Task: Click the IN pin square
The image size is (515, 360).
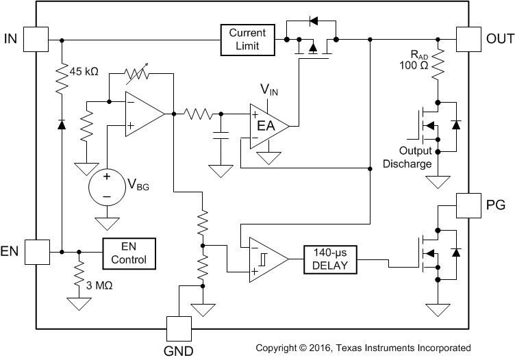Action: click(36, 39)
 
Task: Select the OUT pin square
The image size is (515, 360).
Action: click(469, 39)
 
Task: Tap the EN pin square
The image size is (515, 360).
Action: click(36, 251)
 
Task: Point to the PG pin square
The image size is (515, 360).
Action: click(469, 205)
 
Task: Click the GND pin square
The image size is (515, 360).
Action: click(179, 329)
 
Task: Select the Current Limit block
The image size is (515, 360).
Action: click(247, 39)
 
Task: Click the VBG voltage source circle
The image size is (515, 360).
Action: click(107, 185)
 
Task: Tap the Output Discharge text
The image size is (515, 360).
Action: click(407, 157)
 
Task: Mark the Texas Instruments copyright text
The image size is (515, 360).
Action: click(363, 348)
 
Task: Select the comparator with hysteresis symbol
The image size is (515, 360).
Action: click(264, 259)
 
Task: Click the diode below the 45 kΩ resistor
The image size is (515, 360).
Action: click(61, 124)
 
